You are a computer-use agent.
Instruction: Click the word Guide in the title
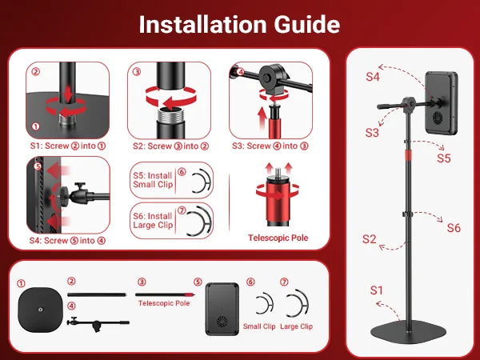(306, 25)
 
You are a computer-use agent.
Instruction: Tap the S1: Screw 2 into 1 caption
(68, 146)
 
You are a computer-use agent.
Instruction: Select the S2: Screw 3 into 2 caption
(170, 146)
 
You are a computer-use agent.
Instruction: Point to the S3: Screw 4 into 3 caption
(270, 146)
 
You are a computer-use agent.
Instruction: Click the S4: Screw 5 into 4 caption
(67, 241)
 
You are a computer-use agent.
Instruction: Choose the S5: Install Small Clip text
(153, 180)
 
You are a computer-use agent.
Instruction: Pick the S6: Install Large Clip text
(153, 221)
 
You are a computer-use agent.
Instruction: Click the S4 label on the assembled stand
(373, 77)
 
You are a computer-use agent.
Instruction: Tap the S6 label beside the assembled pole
(454, 228)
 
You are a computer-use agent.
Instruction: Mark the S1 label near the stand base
(377, 290)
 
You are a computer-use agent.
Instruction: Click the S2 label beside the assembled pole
(369, 238)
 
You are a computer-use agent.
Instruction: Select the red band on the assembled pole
(408, 155)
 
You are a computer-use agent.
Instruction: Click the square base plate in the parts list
(41, 310)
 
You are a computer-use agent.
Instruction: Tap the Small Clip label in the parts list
(259, 326)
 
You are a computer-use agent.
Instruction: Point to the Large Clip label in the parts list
(296, 326)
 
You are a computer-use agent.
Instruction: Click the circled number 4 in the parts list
(71, 306)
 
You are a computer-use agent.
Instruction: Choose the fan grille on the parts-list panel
(222, 322)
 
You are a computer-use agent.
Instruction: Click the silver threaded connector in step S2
(171, 115)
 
